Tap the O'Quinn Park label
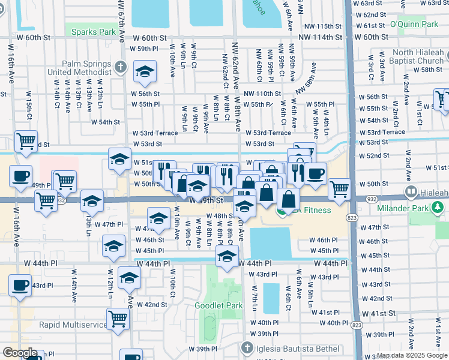click(x=414, y=24)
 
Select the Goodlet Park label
click(x=218, y=305)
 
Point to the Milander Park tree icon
click(x=438, y=207)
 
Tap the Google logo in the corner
click(x=19, y=353)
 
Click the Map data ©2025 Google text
click(x=412, y=355)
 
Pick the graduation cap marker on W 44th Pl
click(x=227, y=257)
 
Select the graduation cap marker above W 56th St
click(x=145, y=72)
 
